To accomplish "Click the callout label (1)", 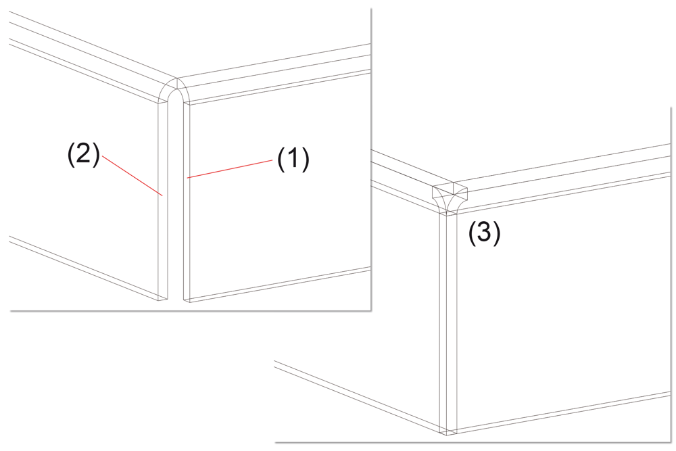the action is [x=293, y=159].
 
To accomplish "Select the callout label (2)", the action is [x=84, y=154].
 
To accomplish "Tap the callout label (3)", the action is [x=485, y=233].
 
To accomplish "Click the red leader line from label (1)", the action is [x=230, y=168].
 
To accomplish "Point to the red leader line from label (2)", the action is [x=132, y=176].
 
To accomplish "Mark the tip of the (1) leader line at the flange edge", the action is [x=187, y=178].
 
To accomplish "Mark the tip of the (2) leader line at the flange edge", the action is [x=162, y=196].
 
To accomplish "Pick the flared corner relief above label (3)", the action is [x=450, y=199].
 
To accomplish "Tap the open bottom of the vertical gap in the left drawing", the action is [x=175, y=300].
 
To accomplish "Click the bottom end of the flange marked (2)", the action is [x=162, y=298].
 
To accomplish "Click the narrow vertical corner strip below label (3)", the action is [x=448, y=323].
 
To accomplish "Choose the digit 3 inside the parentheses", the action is [x=485, y=233].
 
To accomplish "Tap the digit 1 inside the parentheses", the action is [x=293, y=159].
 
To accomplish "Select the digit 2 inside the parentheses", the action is [x=84, y=154].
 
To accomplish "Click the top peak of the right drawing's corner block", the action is [x=453, y=183].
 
